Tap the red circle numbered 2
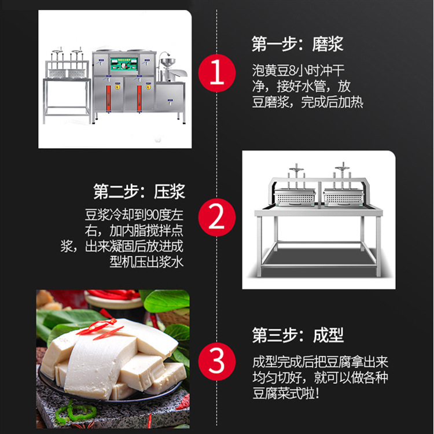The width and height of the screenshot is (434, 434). point(216,218)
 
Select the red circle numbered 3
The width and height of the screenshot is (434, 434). point(216,363)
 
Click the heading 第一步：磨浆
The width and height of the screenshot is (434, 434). point(297,45)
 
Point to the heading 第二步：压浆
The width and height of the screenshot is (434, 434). point(139,192)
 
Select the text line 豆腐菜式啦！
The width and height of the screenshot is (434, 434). point(285,394)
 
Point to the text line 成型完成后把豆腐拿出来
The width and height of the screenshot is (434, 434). point(320,362)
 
